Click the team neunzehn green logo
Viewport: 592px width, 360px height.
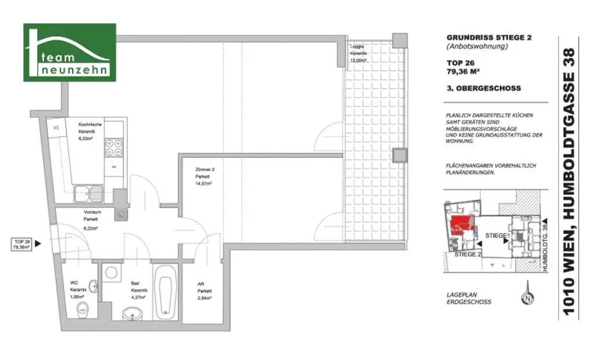69,52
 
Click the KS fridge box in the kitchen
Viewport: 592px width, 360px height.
57,128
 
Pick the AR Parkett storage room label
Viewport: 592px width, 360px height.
204,291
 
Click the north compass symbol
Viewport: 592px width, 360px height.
527,299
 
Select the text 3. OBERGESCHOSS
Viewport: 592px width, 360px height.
483,88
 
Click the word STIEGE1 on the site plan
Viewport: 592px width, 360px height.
497,236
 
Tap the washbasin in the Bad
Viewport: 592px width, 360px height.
132,312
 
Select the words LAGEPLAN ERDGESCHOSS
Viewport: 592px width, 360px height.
469,298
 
